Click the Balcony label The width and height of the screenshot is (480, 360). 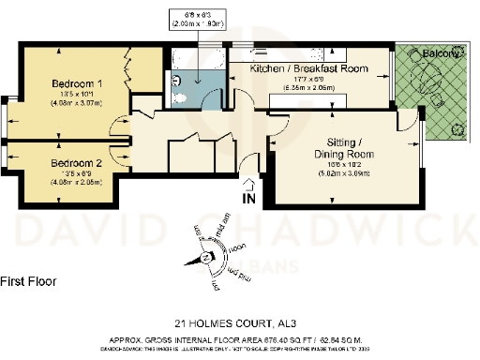point(440,55)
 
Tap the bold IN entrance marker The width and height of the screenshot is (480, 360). point(248,199)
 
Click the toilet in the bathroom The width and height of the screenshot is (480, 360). point(175,82)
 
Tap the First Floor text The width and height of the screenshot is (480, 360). point(29,280)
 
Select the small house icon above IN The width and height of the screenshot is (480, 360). point(248,184)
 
